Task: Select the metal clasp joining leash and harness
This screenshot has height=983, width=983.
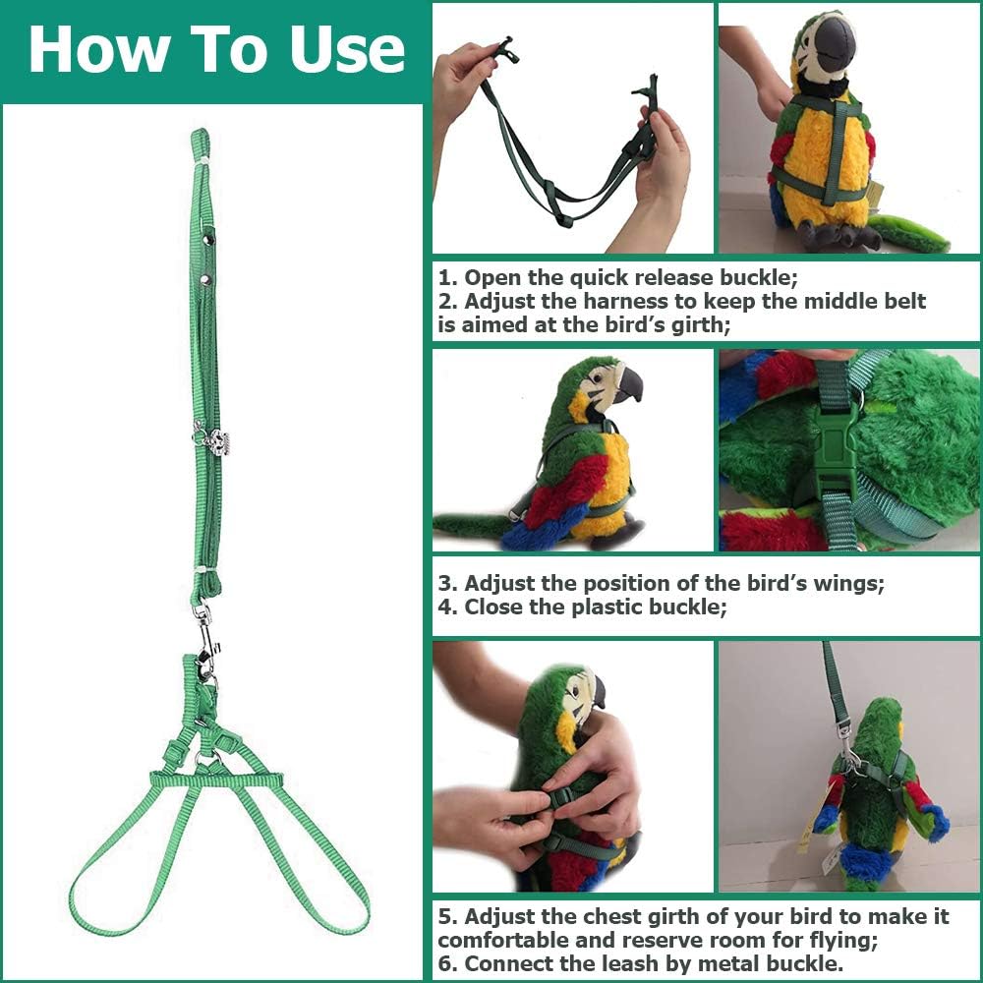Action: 205,640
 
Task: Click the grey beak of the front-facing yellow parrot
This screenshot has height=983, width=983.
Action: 835,44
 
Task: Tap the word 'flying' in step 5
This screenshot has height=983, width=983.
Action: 841,941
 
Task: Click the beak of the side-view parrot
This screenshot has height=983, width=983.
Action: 628,384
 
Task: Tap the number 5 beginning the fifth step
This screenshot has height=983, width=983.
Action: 444,916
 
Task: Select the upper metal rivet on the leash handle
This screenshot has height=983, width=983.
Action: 208,238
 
